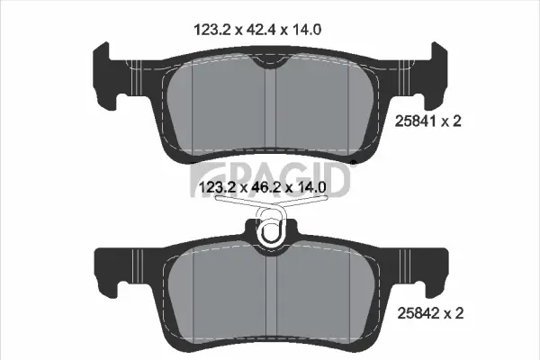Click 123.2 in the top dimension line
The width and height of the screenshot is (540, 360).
click(211, 29)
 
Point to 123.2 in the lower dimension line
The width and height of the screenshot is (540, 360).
click(212, 186)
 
